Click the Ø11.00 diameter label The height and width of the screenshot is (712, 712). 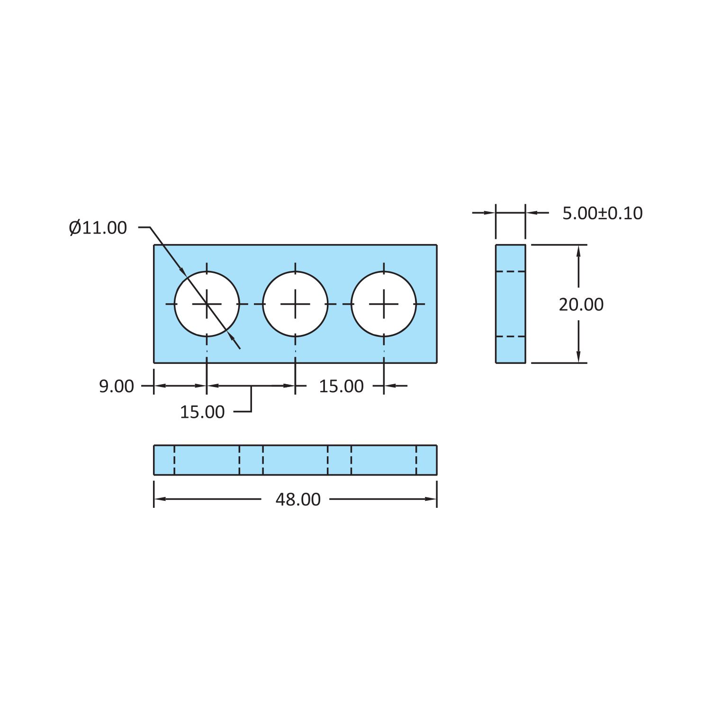(x=98, y=228)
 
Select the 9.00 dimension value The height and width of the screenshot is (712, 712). (x=116, y=387)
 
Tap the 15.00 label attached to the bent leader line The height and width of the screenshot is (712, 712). (x=202, y=412)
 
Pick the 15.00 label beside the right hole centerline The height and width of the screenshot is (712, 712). (x=341, y=387)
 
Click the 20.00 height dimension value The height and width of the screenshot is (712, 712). (x=581, y=305)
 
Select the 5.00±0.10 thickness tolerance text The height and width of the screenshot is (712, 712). (x=602, y=214)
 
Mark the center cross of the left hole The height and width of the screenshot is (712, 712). (x=207, y=304)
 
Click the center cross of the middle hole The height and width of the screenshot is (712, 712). (x=295, y=304)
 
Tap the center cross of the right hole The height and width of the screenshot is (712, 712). (x=384, y=304)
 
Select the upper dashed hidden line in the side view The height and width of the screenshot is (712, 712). (x=510, y=272)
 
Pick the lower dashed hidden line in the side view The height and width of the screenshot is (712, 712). (x=510, y=337)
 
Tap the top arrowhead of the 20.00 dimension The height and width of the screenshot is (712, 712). (x=578, y=251)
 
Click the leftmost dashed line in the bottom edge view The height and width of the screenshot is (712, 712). (x=174, y=460)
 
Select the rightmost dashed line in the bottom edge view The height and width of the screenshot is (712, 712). (x=416, y=460)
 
